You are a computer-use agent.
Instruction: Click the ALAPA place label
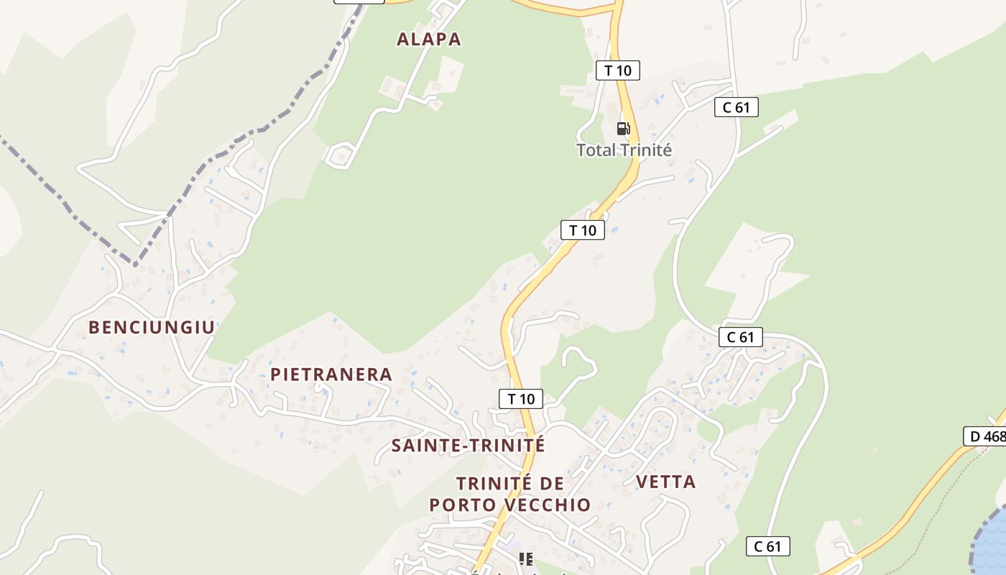point(429,40)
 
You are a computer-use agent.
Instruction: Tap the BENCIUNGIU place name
point(152,328)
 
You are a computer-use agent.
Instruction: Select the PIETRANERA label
point(331,374)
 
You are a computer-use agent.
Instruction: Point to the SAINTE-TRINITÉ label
point(468,446)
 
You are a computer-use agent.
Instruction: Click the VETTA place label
point(666,482)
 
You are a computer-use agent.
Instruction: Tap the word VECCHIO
point(548,505)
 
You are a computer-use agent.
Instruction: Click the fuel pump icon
point(623,129)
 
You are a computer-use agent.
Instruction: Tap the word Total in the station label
point(596,150)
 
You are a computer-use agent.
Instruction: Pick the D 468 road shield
point(986,436)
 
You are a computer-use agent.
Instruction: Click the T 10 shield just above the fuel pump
point(617,70)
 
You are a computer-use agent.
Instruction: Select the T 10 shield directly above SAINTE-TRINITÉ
point(521,399)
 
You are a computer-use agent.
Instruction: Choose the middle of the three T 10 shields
point(583,230)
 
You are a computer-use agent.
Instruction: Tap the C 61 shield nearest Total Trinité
point(737,108)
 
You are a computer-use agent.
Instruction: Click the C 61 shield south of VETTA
point(767,546)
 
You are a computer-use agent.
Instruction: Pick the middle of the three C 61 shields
point(740,337)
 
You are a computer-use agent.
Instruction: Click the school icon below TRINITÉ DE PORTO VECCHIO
point(526,558)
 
